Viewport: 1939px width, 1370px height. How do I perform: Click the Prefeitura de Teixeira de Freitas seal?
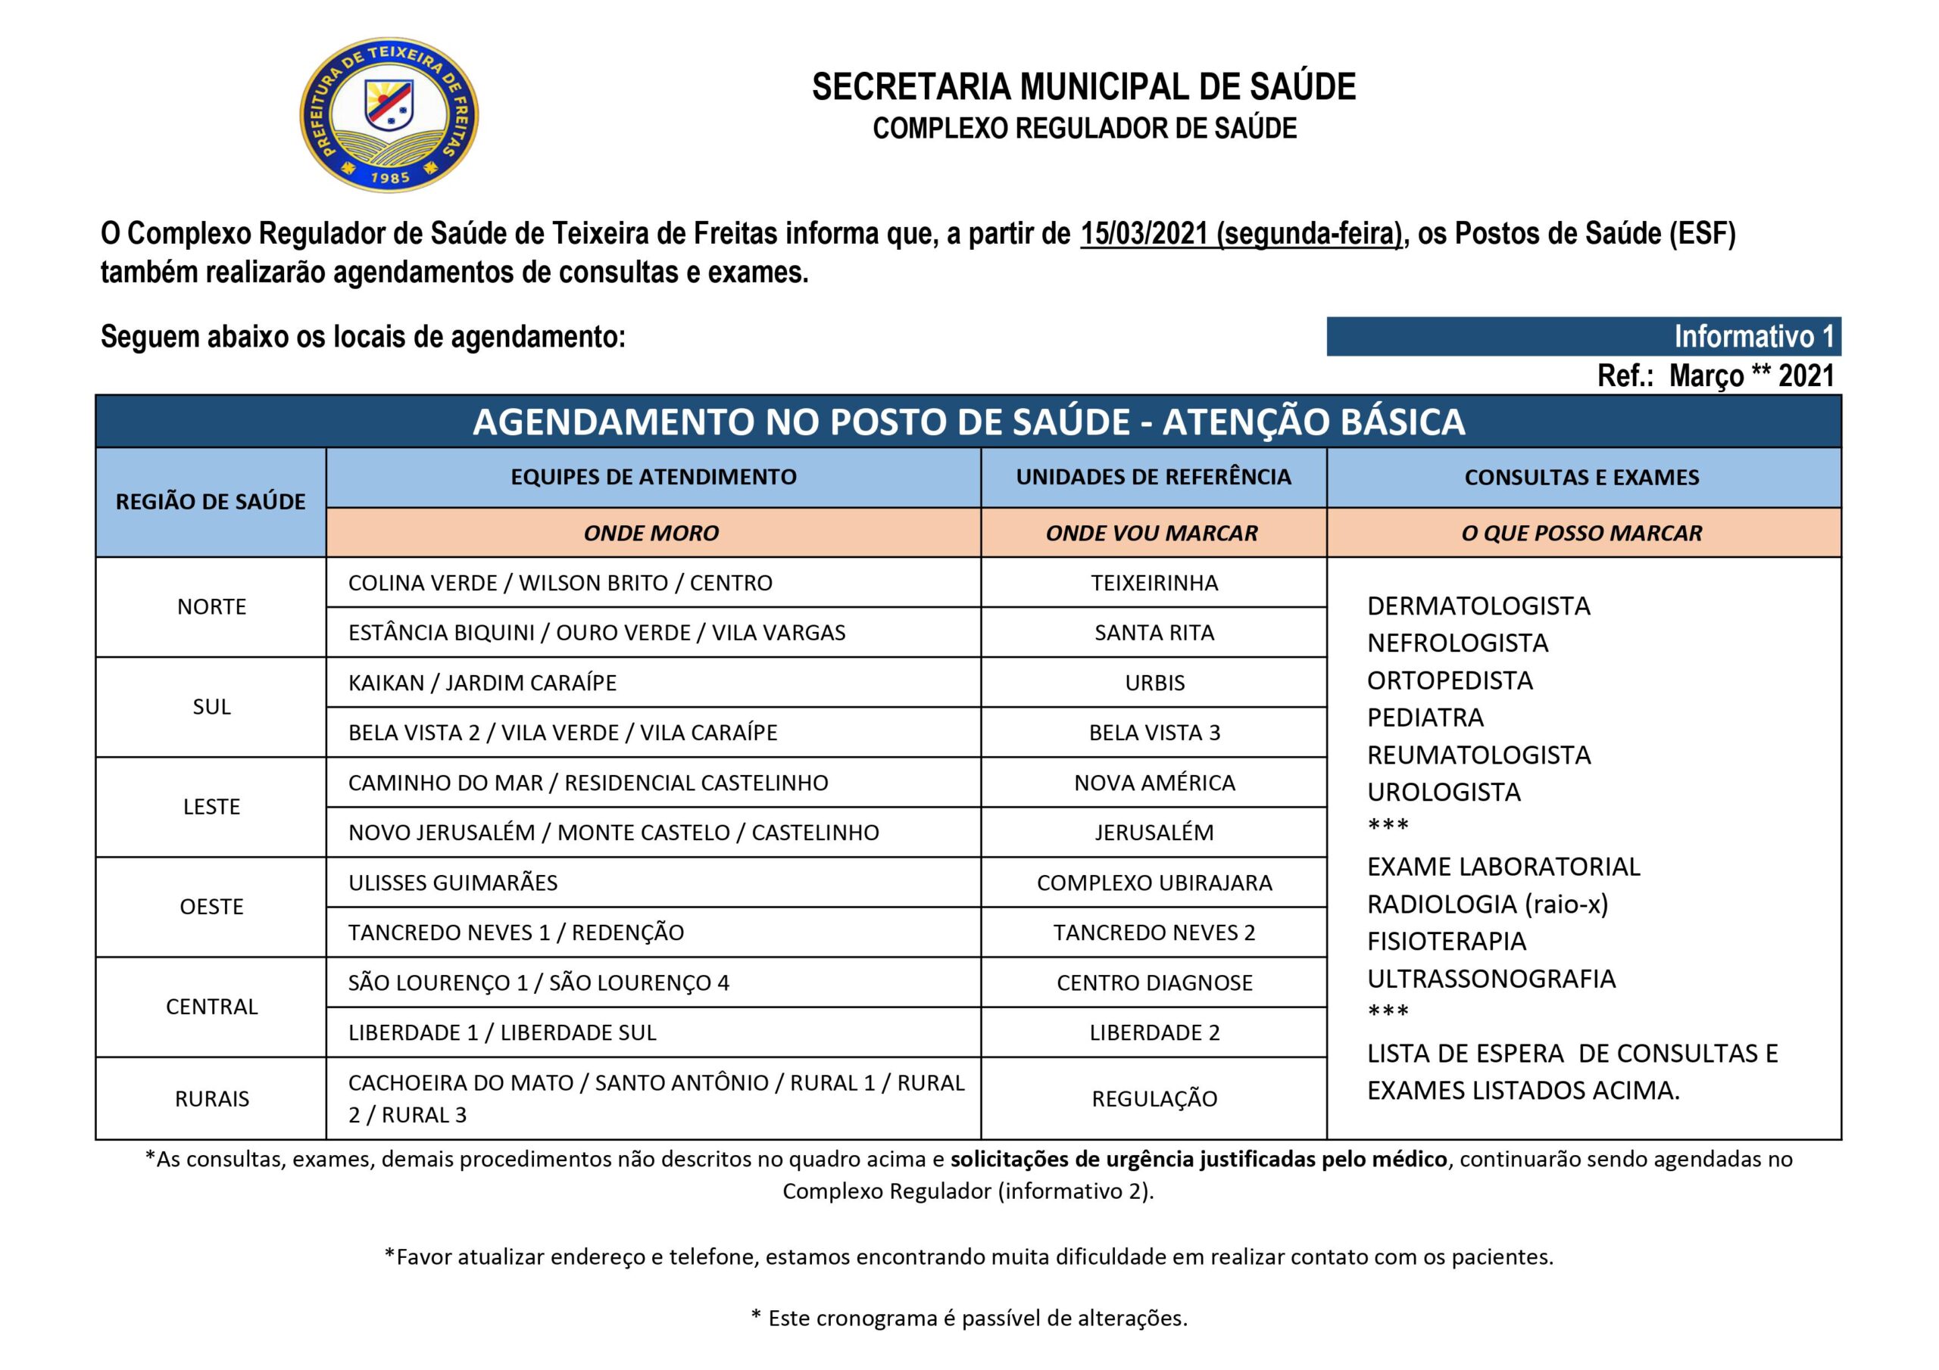(389, 114)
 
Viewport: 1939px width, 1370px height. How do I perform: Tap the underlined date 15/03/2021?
(1144, 233)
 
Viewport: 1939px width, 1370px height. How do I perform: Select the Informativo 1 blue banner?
(1584, 336)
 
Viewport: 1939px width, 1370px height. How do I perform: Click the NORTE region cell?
(211, 607)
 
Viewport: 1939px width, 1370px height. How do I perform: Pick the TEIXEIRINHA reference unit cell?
(1154, 583)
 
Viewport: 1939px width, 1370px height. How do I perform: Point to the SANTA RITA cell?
(1154, 632)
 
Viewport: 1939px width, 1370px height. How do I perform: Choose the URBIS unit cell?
(1154, 682)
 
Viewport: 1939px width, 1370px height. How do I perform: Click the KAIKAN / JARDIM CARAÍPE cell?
(482, 682)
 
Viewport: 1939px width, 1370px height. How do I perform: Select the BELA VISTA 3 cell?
(1154, 732)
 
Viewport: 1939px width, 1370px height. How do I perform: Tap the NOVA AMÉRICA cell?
(1154, 783)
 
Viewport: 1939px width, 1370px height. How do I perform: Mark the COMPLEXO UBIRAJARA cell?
(1154, 882)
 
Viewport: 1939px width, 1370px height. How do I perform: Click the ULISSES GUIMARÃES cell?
(453, 882)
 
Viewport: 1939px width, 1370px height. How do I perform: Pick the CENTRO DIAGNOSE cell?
(1154, 982)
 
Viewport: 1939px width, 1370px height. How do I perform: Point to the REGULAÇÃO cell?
(1154, 1098)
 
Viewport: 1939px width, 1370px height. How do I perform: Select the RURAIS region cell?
(211, 1098)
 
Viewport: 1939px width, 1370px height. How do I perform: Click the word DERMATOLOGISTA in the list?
(1478, 606)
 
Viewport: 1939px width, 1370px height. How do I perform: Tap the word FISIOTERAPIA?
(1446, 941)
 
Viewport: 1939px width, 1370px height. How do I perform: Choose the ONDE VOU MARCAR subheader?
(1152, 533)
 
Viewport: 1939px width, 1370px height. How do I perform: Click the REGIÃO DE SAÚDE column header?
(211, 501)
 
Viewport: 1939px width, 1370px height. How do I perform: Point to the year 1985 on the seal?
(389, 177)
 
